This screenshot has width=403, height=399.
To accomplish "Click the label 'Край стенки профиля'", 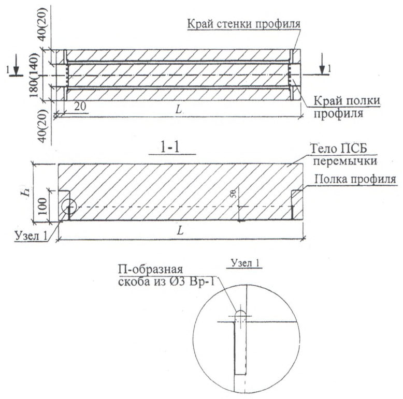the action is [243, 24].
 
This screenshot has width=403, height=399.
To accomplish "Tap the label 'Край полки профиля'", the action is [347, 107].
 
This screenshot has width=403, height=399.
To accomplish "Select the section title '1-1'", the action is [169, 148].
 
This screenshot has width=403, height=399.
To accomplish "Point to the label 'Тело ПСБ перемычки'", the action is [343, 155].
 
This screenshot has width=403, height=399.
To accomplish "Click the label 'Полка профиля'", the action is [355, 179].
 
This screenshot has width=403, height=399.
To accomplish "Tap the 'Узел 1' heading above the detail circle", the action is [245, 263].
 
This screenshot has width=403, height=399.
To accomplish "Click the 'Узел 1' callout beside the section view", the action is [32, 235].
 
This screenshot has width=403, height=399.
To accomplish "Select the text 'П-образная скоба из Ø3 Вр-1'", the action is [166, 275].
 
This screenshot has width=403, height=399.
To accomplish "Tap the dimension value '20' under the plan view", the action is [80, 106].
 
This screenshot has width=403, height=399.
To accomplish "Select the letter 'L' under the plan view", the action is [178, 109].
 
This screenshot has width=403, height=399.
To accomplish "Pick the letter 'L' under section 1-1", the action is [180, 231].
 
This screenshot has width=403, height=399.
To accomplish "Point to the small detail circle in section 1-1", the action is [69, 206].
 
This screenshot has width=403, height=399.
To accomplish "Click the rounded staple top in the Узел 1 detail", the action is [240, 313].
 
